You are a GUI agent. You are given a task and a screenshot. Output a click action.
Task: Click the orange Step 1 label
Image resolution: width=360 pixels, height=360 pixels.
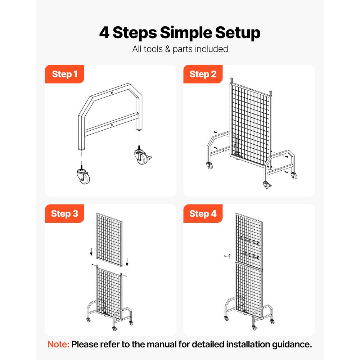[x=64, y=74]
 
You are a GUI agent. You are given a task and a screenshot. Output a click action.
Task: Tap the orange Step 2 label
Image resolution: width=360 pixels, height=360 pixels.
[x=203, y=74]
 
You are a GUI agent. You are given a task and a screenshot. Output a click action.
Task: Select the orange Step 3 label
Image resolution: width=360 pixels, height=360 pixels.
[x=64, y=213]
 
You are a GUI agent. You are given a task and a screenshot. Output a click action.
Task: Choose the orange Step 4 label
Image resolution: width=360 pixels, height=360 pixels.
[x=203, y=213]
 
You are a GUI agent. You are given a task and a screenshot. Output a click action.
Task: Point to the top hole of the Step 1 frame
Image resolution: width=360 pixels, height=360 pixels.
[x=112, y=93]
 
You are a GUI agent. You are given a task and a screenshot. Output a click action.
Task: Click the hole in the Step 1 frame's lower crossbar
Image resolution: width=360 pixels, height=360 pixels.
[x=112, y=125]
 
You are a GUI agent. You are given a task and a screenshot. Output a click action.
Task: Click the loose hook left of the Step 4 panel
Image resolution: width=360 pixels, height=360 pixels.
[x=225, y=256]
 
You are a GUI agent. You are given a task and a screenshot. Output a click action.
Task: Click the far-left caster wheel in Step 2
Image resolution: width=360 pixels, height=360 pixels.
[x=210, y=166]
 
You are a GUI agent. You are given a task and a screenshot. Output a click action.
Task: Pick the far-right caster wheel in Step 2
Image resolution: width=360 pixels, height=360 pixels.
[x=294, y=176]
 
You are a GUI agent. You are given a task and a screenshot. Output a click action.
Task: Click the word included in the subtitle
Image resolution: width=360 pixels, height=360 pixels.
[x=211, y=49]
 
